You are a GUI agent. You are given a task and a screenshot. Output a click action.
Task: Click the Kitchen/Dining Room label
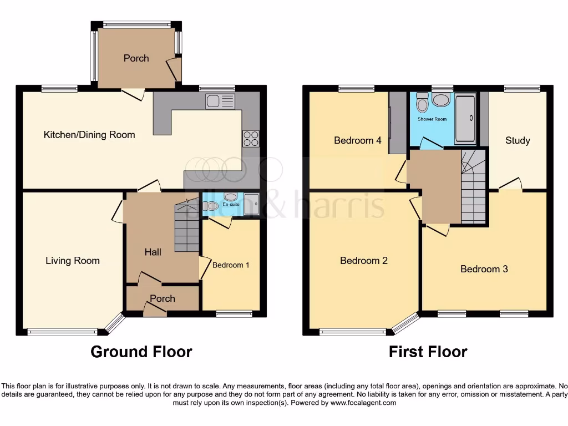[x=89, y=134]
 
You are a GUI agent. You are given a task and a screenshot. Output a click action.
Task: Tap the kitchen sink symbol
[x=220, y=101]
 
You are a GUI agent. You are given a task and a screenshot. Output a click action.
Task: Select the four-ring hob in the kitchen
[x=250, y=138]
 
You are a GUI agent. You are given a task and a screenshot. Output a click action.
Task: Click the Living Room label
[x=73, y=260]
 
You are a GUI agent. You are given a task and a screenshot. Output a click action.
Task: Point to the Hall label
[x=153, y=252]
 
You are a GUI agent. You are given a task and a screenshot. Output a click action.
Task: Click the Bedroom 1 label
[x=231, y=265]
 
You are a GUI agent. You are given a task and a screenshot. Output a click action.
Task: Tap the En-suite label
[x=231, y=205]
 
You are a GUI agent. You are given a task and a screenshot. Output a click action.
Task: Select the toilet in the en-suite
[x=211, y=206]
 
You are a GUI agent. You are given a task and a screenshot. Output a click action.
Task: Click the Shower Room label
[x=432, y=119]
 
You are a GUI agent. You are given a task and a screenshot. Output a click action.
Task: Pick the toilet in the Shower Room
[x=423, y=104]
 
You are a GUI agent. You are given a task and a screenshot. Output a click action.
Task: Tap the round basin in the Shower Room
[x=442, y=100]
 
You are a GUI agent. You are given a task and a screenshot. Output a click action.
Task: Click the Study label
[x=518, y=140]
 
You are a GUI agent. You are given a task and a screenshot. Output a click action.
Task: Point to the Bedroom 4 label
[x=357, y=140]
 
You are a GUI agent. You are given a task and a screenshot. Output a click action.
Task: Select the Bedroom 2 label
[x=364, y=260]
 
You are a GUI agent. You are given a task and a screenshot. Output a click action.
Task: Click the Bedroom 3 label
[x=484, y=269]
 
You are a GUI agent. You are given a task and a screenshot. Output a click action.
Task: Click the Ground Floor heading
[x=141, y=352]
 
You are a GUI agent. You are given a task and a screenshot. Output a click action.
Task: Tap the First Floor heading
[x=428, y=352]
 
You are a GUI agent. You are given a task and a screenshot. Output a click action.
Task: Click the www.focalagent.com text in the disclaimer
[x=363, y=403]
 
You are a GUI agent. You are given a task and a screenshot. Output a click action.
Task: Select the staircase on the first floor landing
[x=473, y=189]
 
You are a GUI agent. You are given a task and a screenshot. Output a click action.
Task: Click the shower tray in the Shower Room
[x=465, y=117]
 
